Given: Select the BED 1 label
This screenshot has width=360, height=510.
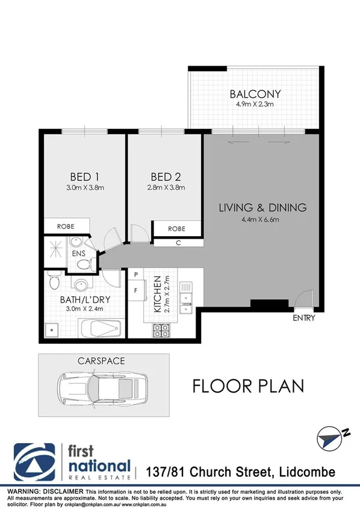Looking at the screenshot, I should pyautogui.click(x=84, y=177).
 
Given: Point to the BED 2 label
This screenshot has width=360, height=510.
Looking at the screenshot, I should pyautogui.click(x=165, y=177).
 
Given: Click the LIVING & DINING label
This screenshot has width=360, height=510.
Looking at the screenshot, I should pyautogui.click(x=262, y=208).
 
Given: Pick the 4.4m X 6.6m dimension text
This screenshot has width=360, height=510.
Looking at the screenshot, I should pyautogui.click(x=262, y=219).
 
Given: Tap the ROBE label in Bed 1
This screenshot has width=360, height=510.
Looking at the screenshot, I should pyautogui.click(x=66, y=227).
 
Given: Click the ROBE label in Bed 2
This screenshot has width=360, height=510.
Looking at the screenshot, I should pyautogui.click(x=176, y=229).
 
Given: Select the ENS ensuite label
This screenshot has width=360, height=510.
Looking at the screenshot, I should pyautogui.click(x=79, y=254).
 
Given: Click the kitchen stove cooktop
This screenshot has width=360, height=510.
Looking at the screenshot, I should pyautogui.click(x=161, y=329).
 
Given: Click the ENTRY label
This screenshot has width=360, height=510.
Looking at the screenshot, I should pyautogui.click(x=304, y=317).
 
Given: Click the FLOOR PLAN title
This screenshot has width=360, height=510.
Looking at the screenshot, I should pyautogui.click(x=248, y=385).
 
